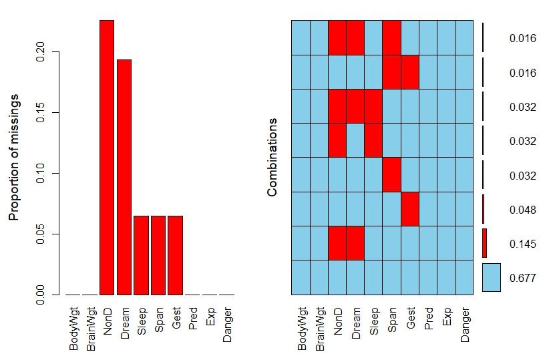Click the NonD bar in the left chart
pos(106,157)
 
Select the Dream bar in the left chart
pos(124,177)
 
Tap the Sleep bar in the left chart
pos(141,255)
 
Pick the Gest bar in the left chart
pos(176,255)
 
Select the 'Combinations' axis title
pos(272,158)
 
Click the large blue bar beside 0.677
pos(491,277)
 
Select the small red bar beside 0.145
pos(485,243)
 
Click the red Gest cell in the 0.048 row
pos(409,209)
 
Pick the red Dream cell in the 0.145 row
pos(355,243)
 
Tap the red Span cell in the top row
pos(391,37)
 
